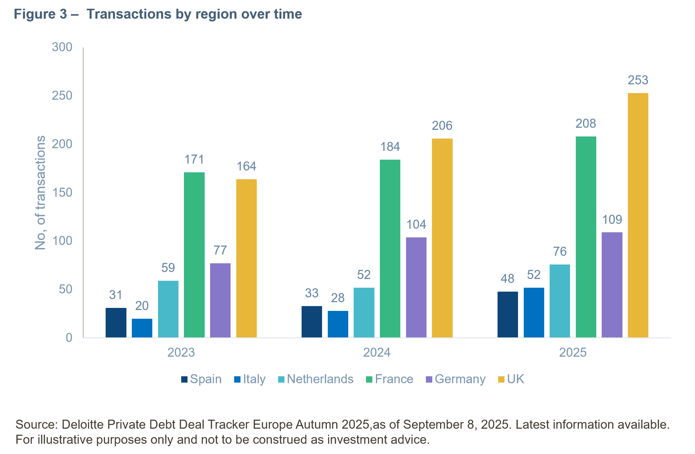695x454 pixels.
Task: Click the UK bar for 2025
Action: tap(638, 215)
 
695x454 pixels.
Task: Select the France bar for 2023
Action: tap(194, 255)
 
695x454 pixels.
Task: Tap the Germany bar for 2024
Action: tap(416, 287)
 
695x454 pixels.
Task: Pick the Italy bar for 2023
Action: tap(142, 328)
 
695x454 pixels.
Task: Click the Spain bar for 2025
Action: tap(507, 315)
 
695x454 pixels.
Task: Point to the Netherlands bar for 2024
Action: tap(364, 312)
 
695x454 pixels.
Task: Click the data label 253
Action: tap(638, 80)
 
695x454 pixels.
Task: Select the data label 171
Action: tap(194, 160)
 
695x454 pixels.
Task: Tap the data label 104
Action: tap(416, 225)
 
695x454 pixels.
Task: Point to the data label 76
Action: tap(560, 252)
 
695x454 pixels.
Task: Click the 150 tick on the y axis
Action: tap(62, 193)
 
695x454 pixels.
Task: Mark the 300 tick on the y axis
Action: tap(62, 47)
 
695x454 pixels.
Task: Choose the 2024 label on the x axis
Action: tap(377, 352)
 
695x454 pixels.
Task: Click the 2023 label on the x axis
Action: tap(181, 352)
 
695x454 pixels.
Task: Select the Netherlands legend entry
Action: tap(320, 379)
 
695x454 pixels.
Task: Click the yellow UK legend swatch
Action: tap(501, 380)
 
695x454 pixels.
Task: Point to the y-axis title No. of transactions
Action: tap(40, 193)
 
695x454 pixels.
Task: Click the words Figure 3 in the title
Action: tap(40, 14)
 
